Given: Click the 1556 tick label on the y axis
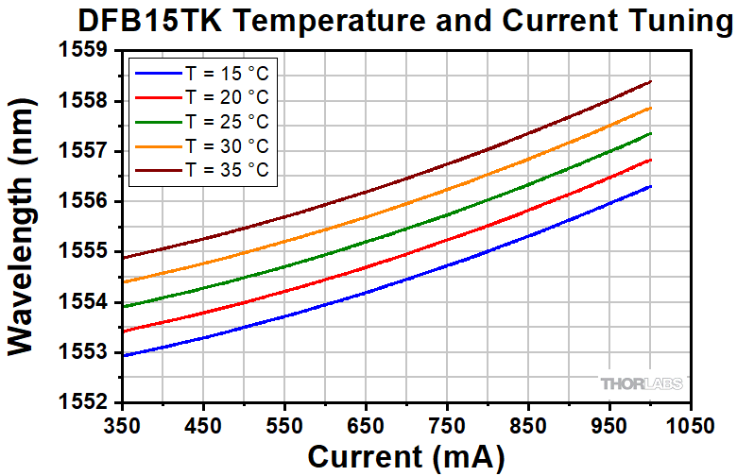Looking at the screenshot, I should click(92, 202).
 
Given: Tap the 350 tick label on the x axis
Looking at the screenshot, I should click(123, 425).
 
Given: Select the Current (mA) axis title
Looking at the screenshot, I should click(405, 456).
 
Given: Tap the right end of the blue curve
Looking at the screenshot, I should click(651, 186).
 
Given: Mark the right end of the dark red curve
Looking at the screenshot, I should click(651, 81).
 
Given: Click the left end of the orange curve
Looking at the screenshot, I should click(123, 281).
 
